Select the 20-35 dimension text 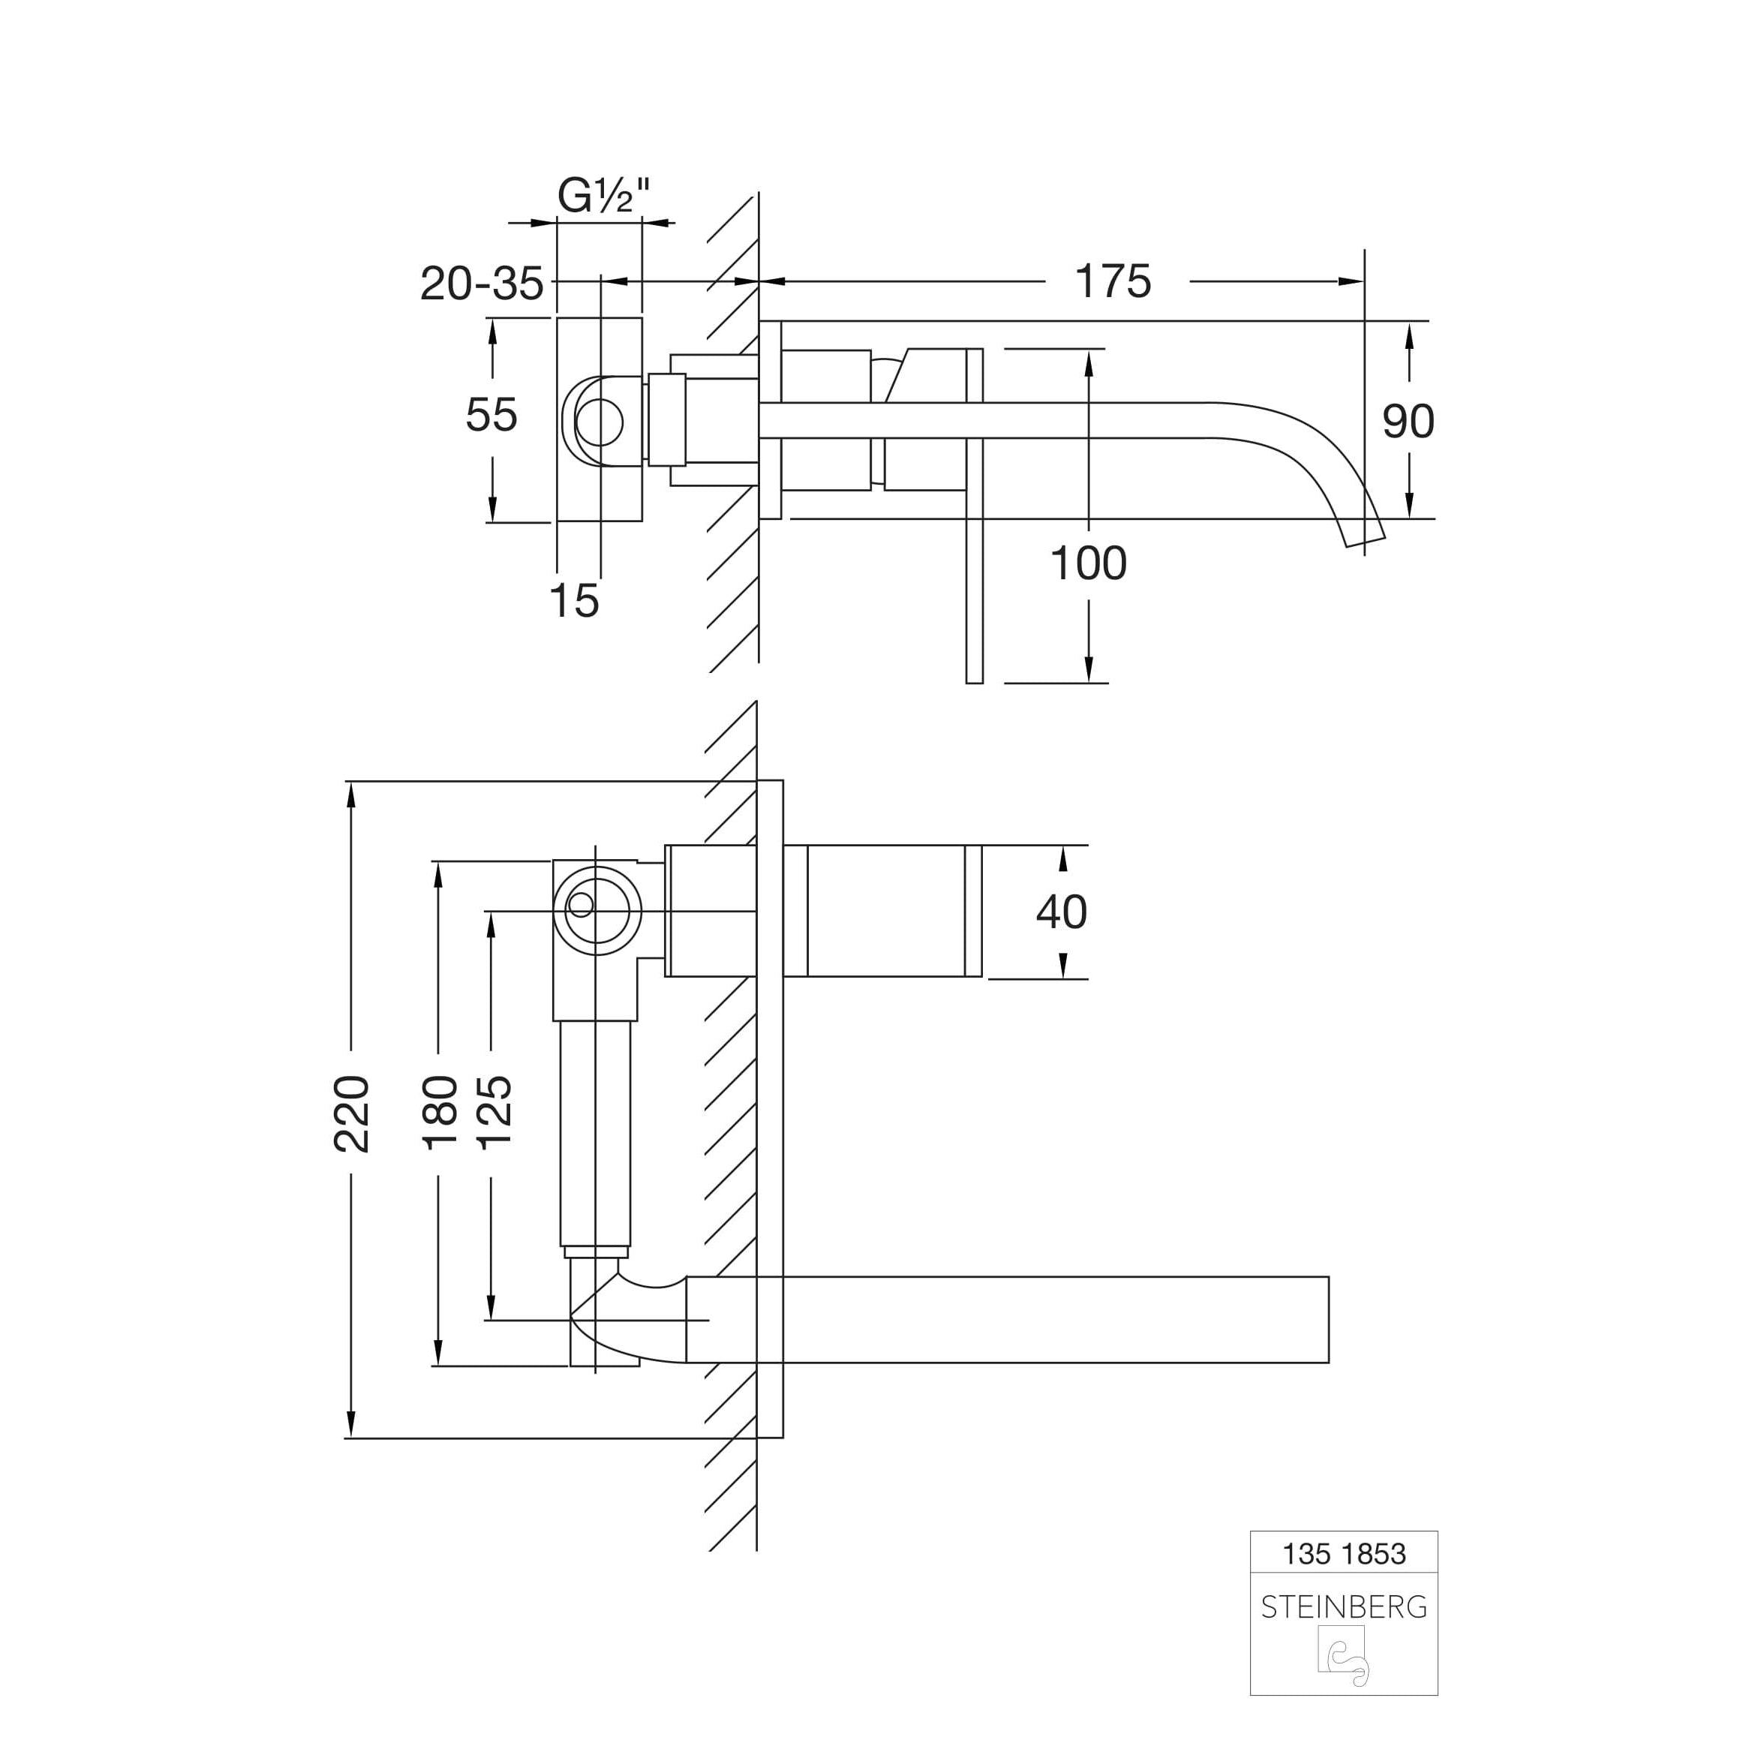(482, 284)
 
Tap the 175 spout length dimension (1113, 281)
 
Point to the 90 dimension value (1408, 422)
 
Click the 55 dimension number (491, 415)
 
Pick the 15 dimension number (574, 601)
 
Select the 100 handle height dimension (1088, 564)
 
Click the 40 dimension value (1061, 912)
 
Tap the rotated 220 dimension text (353, 1113)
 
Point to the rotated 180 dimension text (440, 1113)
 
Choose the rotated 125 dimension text (493, 1113)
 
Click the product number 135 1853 (1344, 1554)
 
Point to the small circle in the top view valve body (599, 423)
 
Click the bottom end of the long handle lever (974, 680)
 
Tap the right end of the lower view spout (1327, 1320)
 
